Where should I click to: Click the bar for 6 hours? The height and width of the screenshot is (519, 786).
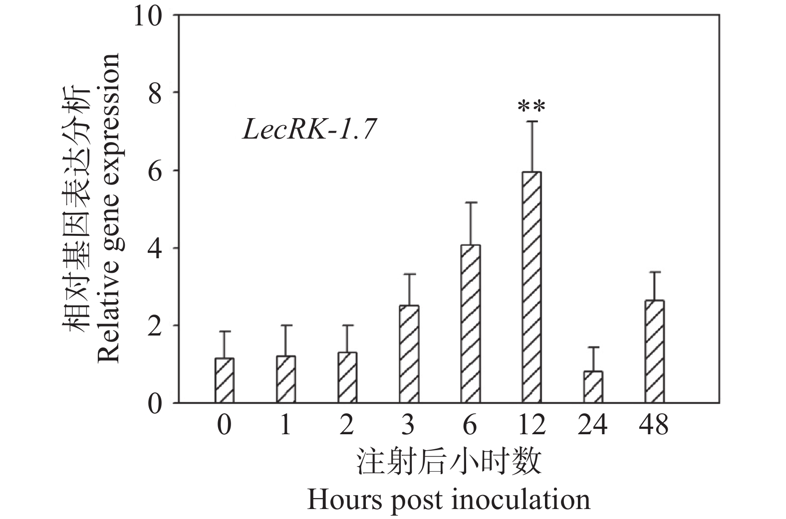point(470,324)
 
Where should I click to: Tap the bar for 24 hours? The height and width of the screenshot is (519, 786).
point(593,387)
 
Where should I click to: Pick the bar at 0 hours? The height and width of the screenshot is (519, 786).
point(225,380)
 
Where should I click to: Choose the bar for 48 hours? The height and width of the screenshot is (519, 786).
point(654,351)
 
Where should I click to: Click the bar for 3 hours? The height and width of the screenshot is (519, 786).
point(409,354)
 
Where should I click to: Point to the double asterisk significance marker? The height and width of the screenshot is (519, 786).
point(531,107)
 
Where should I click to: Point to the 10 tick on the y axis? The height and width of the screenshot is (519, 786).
point(149,15)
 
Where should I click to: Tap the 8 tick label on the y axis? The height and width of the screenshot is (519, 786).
point(156,93)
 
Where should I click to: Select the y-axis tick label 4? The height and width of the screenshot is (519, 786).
point(156,248)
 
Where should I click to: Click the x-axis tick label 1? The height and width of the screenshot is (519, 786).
point(285,426)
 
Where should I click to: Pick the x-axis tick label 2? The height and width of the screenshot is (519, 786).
point(347,426)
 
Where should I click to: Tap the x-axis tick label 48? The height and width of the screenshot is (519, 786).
point(654,426)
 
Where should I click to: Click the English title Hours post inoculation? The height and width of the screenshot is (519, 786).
point(448,499)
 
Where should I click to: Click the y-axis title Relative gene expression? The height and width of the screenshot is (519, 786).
point(108,208)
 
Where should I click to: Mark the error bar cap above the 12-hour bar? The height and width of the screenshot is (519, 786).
point(531,121)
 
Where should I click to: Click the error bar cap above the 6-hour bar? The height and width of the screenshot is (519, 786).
point(470,202)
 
